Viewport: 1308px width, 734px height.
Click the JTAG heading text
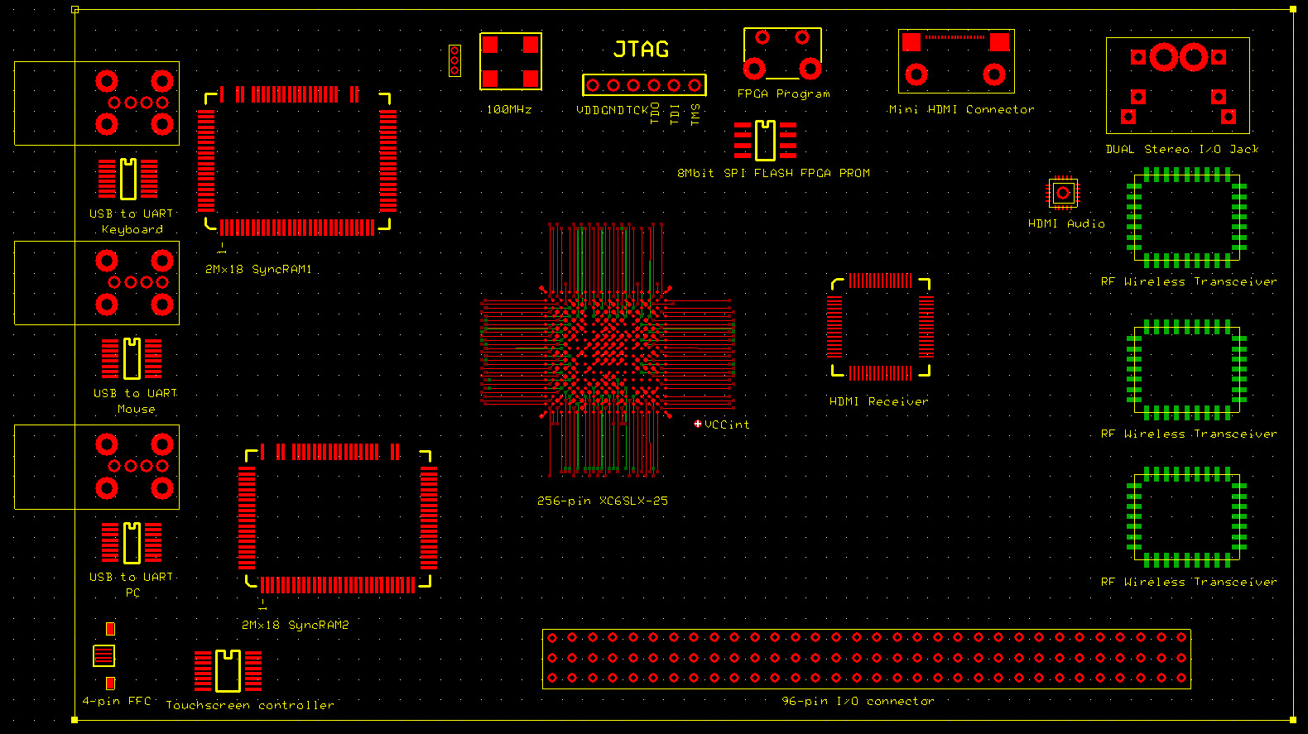pyautogui.click(x=641, y=49)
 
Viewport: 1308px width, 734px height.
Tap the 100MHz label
pyautogui.click(x=508, y=110)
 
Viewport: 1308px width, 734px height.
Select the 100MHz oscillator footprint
pyautogui.click(x=510, y=61)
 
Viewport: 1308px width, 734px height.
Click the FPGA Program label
pyautogui.click(x=783, y=94)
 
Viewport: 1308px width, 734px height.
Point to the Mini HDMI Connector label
pyautogui.click(x=961, y=110)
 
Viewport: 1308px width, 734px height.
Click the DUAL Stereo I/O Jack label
pyautogui.click(x=1182, y=150)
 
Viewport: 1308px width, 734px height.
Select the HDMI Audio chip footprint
pyautogui.click(x=1063, y=193)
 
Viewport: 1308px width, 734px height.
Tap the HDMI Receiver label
pyautogui.click(x=879, y=401)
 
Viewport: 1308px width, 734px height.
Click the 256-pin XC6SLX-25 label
pyautogui.click(x=602, y=501)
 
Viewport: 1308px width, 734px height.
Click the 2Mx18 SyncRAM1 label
pyautogui.click(x=258, y=270)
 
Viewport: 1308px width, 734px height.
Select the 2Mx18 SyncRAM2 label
pyautogui.click(x=295, y=625)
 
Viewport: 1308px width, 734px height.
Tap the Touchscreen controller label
pyautogui.click(x=250, y=705)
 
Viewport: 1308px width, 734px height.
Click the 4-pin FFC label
pyautogui.click(x=116, y=701)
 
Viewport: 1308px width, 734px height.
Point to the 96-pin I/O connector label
pyautogui.click(x=857, y=702)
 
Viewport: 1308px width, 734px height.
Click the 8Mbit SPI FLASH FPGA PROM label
pyautogui.click(x=773, y=173)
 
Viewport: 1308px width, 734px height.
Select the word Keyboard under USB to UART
pyautogui.click(x=132, y=230)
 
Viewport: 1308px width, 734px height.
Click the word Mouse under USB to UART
pyautogui.click(x=136, y=409)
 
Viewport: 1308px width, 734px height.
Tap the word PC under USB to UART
pyautogui.click(x=132, y=592)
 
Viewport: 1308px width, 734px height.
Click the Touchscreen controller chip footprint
pyautogui.click(x=228, y=671)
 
